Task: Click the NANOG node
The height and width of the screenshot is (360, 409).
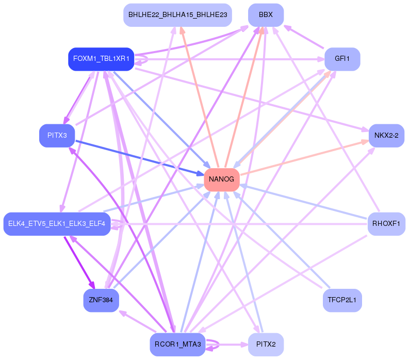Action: (222, 179)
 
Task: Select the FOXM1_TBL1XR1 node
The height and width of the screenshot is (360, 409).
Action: (101, 59)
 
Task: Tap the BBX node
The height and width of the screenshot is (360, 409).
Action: (266, 15)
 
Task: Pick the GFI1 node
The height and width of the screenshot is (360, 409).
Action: (342, 59)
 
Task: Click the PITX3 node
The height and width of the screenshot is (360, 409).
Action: (57, 136)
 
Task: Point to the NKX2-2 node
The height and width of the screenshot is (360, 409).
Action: (386, 136)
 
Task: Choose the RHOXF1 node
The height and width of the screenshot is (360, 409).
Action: (386, 224)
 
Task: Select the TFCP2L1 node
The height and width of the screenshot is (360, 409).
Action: (342, 300)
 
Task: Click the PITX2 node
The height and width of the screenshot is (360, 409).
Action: (266, 345)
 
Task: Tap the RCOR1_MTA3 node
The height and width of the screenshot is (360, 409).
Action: (177, 345)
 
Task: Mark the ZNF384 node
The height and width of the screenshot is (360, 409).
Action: (101, 300)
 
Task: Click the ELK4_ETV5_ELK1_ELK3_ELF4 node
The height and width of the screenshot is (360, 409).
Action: (57, 224)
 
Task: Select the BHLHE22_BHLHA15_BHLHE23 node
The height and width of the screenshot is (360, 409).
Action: (177, 15)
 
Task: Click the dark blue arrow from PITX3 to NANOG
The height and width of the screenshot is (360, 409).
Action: (140, 158)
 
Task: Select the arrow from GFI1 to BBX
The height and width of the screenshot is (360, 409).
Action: (304, 37)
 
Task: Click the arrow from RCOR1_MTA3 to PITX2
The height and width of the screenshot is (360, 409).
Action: (226, 345)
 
